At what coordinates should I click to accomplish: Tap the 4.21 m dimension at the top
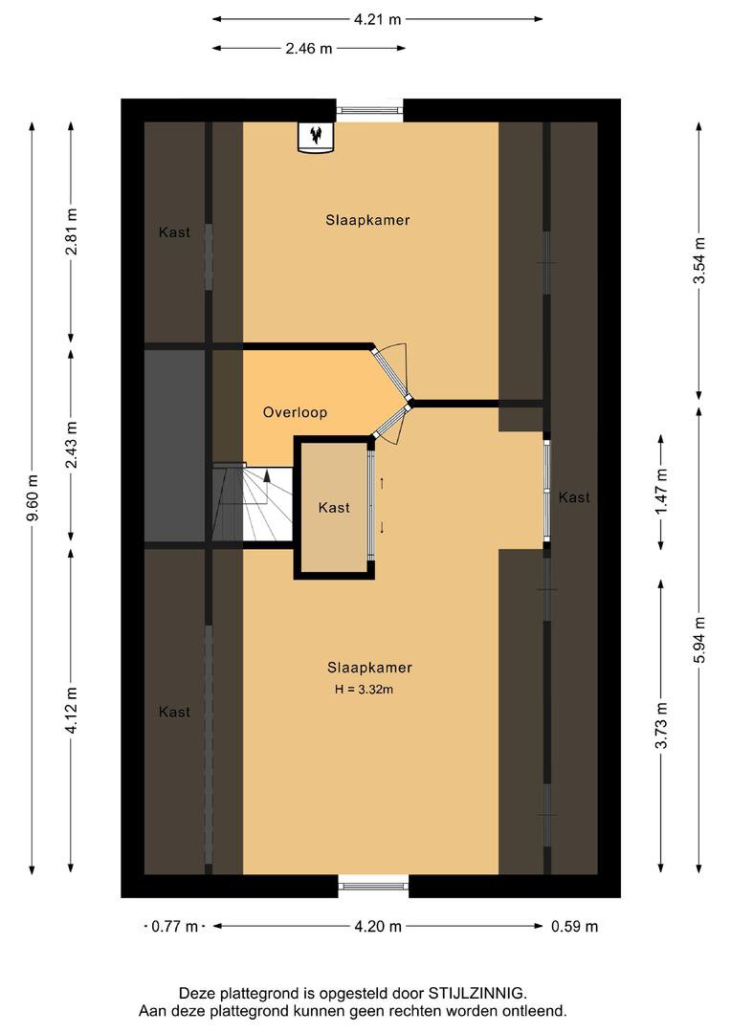(377, 19)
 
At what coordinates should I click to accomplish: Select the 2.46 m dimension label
(308, 48)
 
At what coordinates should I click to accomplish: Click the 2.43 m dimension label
(72, 445)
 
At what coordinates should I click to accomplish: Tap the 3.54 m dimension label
(699, 260)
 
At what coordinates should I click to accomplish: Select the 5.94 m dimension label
(699, 640)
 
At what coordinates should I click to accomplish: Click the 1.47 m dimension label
(662, 492)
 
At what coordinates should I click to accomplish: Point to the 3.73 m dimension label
(662, 725)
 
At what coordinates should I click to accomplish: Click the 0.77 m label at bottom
(175, 926)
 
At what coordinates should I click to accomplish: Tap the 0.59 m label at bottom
(575, 926)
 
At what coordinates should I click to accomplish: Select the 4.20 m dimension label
(378, 926)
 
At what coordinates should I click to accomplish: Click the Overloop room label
(295, 412)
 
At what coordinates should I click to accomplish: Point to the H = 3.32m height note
(364, 690)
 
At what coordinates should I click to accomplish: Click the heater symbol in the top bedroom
(316, 137)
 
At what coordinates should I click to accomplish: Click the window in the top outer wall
(369, 110)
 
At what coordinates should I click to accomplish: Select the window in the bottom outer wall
(374, 886)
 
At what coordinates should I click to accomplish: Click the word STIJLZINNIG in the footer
(476, 993)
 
